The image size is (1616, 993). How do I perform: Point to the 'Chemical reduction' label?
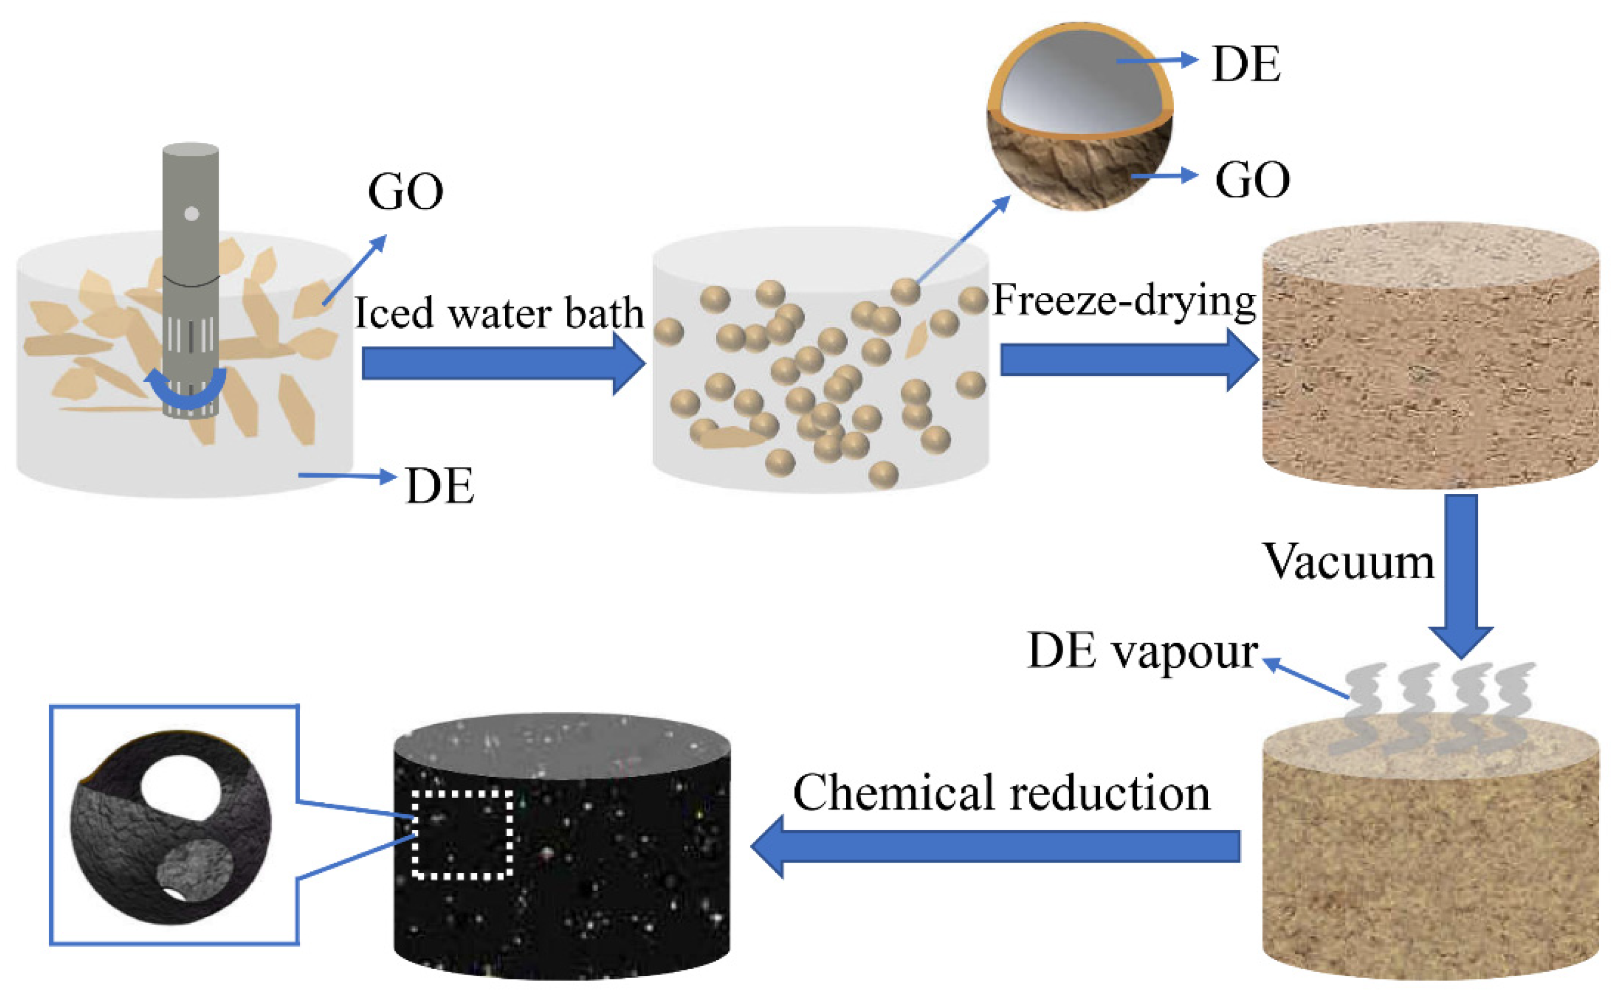point(1001,793)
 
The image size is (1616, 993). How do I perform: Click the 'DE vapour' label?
point(1142,652)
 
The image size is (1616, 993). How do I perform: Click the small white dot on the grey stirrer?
point(192,214)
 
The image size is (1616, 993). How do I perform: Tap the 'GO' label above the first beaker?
point(405,193)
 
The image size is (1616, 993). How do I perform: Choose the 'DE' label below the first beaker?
point(440,487)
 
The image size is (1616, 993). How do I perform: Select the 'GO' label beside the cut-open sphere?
point(1252,180)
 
